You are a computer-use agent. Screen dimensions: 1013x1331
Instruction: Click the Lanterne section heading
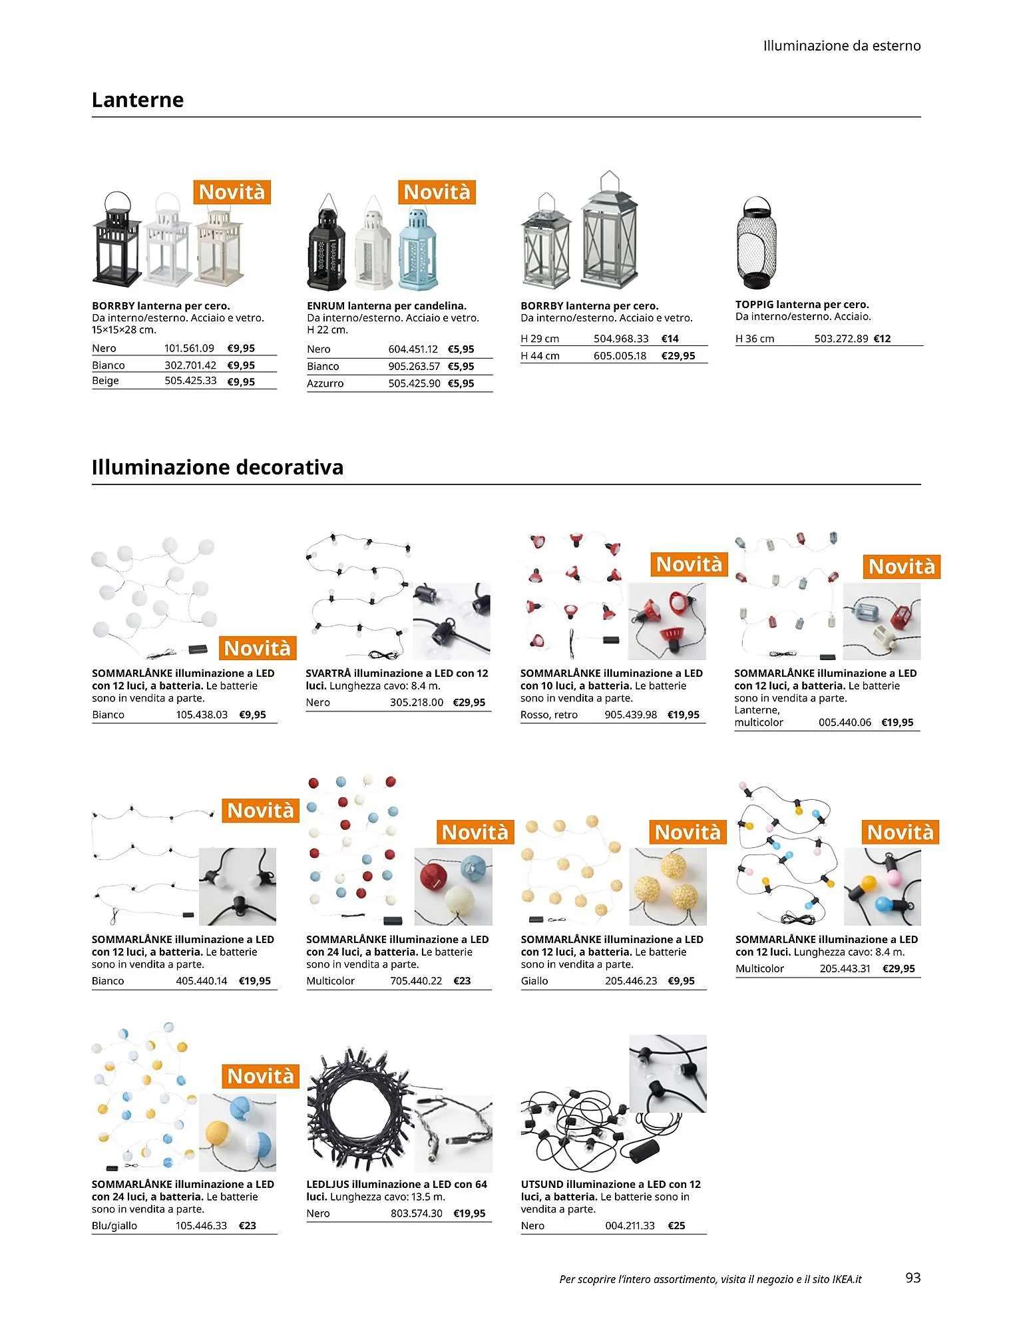point(138,100)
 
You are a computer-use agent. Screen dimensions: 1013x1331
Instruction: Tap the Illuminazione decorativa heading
point(218,467)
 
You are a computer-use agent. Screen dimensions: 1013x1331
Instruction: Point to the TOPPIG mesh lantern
point(756,242)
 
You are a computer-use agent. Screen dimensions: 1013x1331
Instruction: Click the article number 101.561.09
point(189,348)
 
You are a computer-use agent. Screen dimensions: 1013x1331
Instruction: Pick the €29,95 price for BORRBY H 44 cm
point(678,355)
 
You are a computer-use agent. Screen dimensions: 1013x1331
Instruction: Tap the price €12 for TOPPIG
point(882,338)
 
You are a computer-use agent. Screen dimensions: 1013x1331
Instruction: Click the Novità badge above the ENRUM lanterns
point(437,192)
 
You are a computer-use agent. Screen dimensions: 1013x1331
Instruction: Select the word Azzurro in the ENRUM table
point(325,383)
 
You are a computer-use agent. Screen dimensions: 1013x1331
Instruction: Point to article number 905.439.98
point(630,715)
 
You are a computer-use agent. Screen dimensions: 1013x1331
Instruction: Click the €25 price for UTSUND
point(676,1225)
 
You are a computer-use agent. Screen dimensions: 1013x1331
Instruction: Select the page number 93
point(913,1277)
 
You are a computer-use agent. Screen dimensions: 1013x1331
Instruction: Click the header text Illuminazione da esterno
point(842,46)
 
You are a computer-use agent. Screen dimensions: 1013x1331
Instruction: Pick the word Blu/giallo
point(114,1225)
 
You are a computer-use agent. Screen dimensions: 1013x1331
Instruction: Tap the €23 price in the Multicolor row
point(462,980)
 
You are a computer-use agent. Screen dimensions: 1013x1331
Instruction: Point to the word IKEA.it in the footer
point(847,1278)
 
